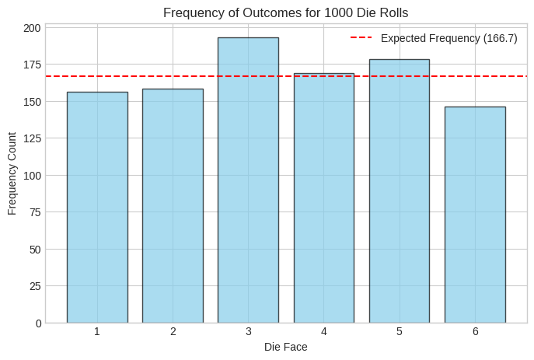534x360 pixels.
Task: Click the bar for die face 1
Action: point(97,207)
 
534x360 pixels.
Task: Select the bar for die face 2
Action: point(173,205)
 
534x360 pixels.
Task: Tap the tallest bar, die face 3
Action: point(248,180)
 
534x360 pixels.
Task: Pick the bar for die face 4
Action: point(323,197)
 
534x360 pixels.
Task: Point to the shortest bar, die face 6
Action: point(475,215)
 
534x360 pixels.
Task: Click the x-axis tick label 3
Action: point(248,331)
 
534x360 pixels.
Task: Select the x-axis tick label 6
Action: point(475,331)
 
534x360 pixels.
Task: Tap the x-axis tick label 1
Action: point(97,331)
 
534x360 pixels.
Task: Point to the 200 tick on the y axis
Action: point(32,28)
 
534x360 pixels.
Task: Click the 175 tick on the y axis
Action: point(32,65)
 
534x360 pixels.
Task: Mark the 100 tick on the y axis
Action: point(32,176)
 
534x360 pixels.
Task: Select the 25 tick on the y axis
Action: point(34,286)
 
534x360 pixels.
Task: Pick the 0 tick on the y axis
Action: point(37,323)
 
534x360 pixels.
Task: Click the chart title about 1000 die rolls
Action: point(285,12)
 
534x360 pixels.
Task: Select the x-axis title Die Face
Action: point(285,347)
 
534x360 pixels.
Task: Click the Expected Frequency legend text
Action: point(448,38)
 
